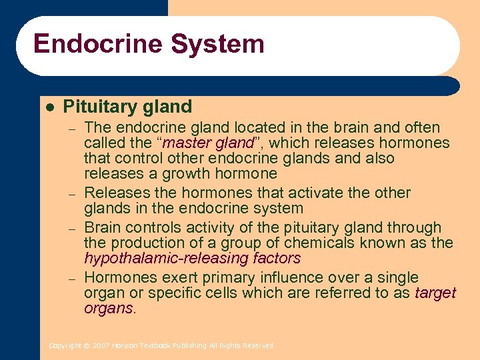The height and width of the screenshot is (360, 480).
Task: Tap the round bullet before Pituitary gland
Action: click(x=49, y=107)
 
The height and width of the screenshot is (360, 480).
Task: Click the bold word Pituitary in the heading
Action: click(x=99, y=107)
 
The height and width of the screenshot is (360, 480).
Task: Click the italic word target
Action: click(x=435, y=293)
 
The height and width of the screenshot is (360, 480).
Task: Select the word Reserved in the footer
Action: click(x=259, y=346)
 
